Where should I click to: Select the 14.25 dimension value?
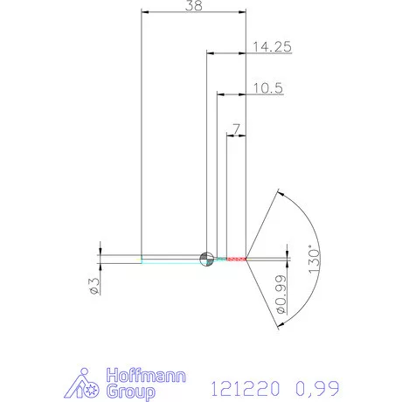[x=270, y=46]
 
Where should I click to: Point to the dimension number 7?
[x=236, y=128]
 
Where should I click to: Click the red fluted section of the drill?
[x=232, y=259]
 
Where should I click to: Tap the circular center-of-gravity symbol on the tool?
[x=207, y=258]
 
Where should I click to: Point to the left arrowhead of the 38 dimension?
[x=146, y=12]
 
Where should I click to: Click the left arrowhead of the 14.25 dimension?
[x=211, y=52]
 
